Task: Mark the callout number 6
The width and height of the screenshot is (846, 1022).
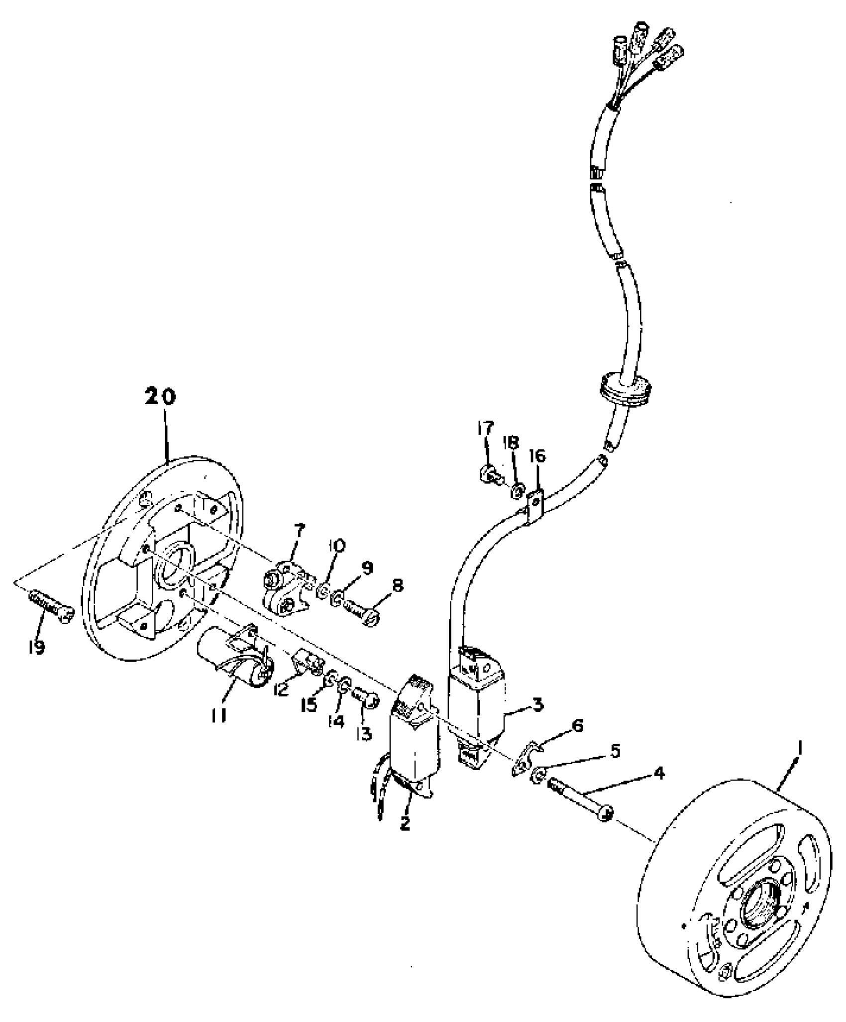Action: point(577,726)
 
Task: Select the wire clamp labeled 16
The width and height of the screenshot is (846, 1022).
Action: point(534,506)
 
